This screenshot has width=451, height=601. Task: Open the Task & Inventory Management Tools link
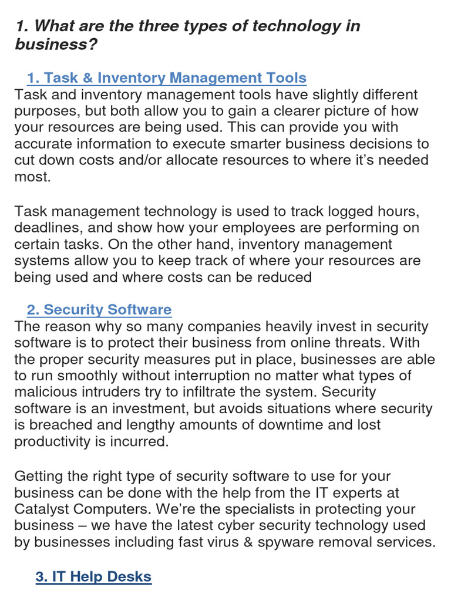[x=167, y=77]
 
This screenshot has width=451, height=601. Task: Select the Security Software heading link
[x=99, y=309]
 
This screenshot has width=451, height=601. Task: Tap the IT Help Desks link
[x=93, y=576]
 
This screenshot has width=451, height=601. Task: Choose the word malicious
[x=46, y=392]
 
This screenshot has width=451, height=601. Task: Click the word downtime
[x=278, y=425]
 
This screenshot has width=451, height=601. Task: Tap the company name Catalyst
[x=44, y=509]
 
